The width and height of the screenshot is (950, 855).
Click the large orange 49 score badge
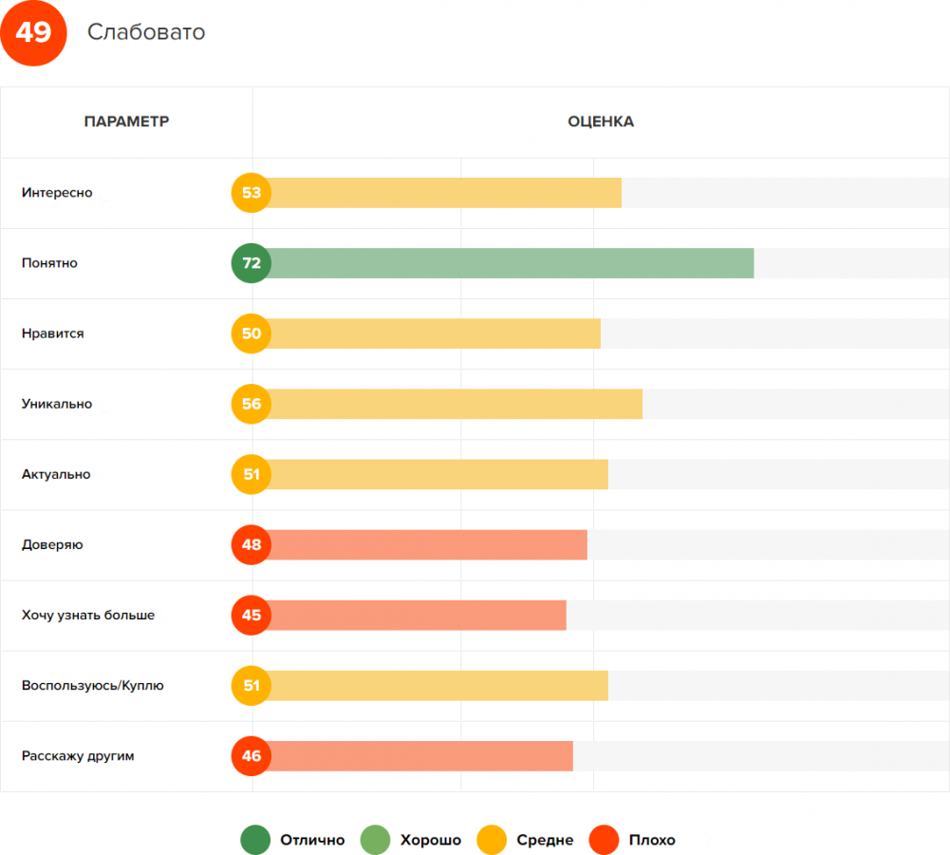pyautogui.click(x=33, y=33)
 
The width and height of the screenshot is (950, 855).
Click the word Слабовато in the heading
pyautogui.click(x=146, y=32)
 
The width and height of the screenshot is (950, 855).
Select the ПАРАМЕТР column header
pyautogui.click(x=126, y=122)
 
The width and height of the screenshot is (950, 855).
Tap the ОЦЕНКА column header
pyautogui.click(x=601, y=122)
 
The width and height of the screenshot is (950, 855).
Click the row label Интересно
pyautogui.click(x=57, y=193)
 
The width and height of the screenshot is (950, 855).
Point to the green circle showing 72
pyautogui.click(x=251, y=263)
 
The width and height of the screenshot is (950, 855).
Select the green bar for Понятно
pyautogui.click(x=512, y=263)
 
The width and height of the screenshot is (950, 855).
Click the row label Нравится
pyautogui.click(x=53, y=333)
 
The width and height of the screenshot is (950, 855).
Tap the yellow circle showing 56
pyautogui.click(x=251, y=404)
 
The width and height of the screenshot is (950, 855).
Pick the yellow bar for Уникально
pyautogui.click(x=456, y=404)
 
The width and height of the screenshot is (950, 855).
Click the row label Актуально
pyautogui.click(x=56, y=474)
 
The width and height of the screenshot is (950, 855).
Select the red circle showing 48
pyautogui.click(x=251, y=544)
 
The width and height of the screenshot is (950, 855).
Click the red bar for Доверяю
pyautogui.click(x=427, y=544)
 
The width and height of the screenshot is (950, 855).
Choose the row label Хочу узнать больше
pyautogui.click(x=88, y=615)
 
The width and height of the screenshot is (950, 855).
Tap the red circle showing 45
pyautogui.click(x=251, y=615)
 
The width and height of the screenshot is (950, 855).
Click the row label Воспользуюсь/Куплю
pyautogui.click(x=93, y=685)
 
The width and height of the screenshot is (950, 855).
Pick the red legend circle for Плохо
pyautogui.click(x=605, y=840)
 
